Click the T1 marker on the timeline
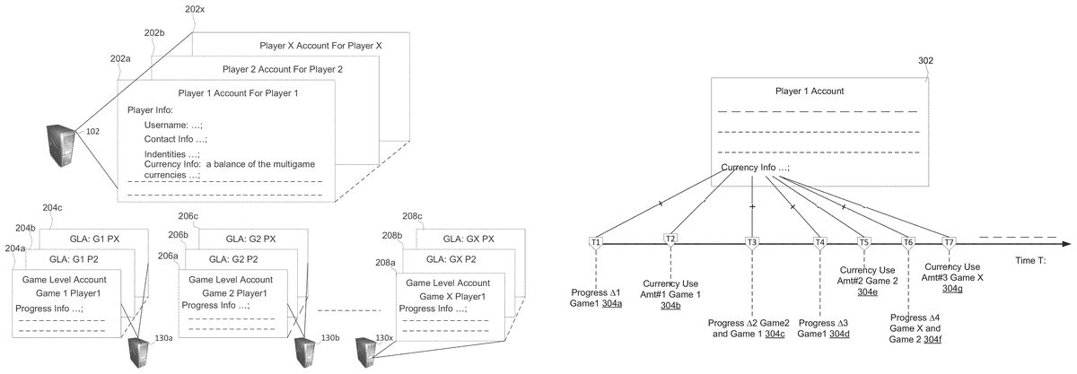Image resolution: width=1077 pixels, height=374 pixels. coord(596,241)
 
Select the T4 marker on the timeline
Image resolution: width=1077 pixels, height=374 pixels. coord(819,241)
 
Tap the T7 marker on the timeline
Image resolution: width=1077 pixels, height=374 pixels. coord(950,241)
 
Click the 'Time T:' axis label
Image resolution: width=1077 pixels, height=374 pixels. coord(1030,260)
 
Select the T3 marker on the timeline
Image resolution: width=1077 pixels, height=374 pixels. coord(752,241)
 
